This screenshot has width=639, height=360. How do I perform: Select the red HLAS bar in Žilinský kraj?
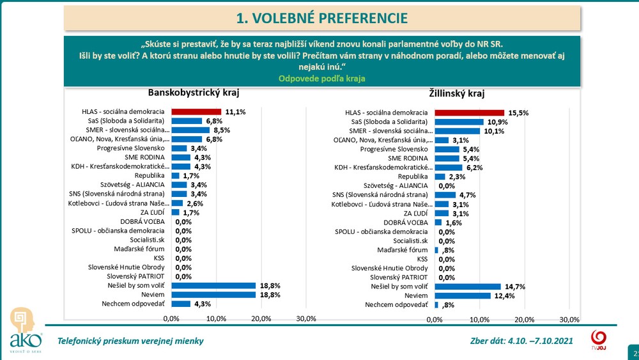[x=469, y=113]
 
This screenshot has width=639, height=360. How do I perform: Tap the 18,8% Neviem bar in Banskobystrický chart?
[x=213, y=295]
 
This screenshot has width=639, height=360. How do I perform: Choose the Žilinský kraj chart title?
[x=458, y=94]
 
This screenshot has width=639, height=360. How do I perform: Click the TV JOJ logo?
[x=599, y=340]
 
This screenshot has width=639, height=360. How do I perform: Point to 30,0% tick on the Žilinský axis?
[x=569, y=319]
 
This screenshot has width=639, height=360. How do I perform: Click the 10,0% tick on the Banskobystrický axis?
[x=217, y=318]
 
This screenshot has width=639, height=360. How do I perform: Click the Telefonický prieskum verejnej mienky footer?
[x=131, y=341]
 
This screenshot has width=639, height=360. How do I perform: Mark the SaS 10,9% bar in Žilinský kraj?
[x=459, y=121]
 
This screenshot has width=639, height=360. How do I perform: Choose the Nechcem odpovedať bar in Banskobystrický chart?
[x=181, y=304]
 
